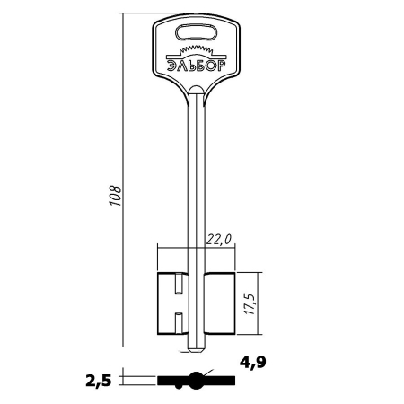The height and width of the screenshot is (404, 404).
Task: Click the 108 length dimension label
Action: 115,196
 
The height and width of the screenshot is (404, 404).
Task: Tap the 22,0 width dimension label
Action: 219,240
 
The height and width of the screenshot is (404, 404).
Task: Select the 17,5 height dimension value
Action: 250,303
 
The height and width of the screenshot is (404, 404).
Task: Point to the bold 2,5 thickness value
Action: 99,381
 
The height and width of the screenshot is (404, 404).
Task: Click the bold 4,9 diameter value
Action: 252,363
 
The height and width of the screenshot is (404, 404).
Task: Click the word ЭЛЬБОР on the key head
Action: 197,66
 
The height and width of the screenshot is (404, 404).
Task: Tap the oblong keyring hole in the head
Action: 196,32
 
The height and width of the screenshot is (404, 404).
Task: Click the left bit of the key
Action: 173,303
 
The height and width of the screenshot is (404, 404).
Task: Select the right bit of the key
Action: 220,303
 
